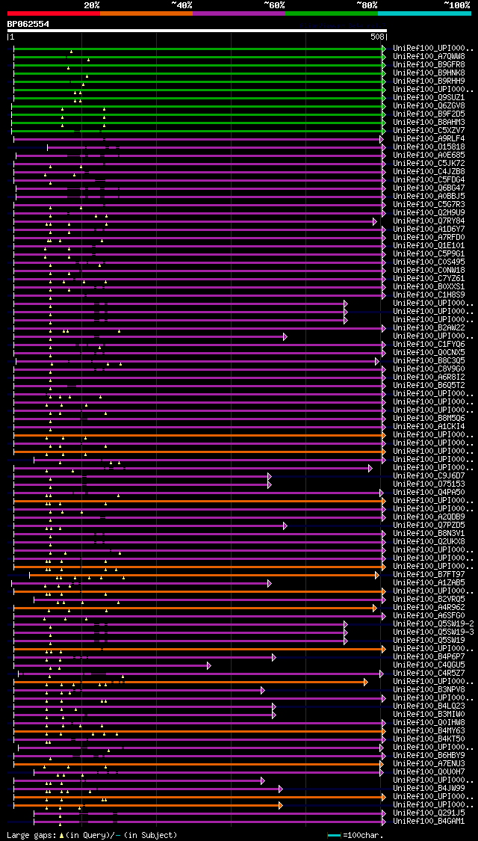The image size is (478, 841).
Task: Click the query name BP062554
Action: [x=28, y=24]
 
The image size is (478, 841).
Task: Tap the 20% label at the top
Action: [x=92, y=4]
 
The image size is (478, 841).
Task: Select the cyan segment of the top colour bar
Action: [x=423, y=13]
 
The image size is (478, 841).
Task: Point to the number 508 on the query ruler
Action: [x=377, y=36]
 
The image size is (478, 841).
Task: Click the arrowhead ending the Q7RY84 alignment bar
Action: [x=376, y=221]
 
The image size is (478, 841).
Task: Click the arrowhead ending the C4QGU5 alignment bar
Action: [x=209, y=665]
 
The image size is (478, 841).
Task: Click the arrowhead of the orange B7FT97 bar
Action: [x=378, y=575]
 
